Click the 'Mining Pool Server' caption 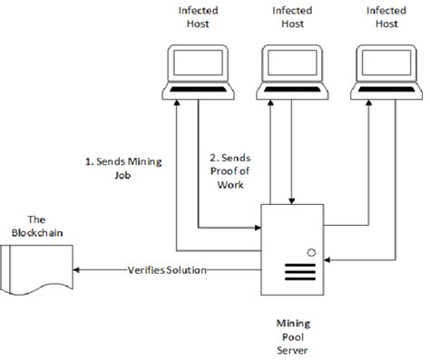[x=293, y=334]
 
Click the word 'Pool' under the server [x=293, y=335]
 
